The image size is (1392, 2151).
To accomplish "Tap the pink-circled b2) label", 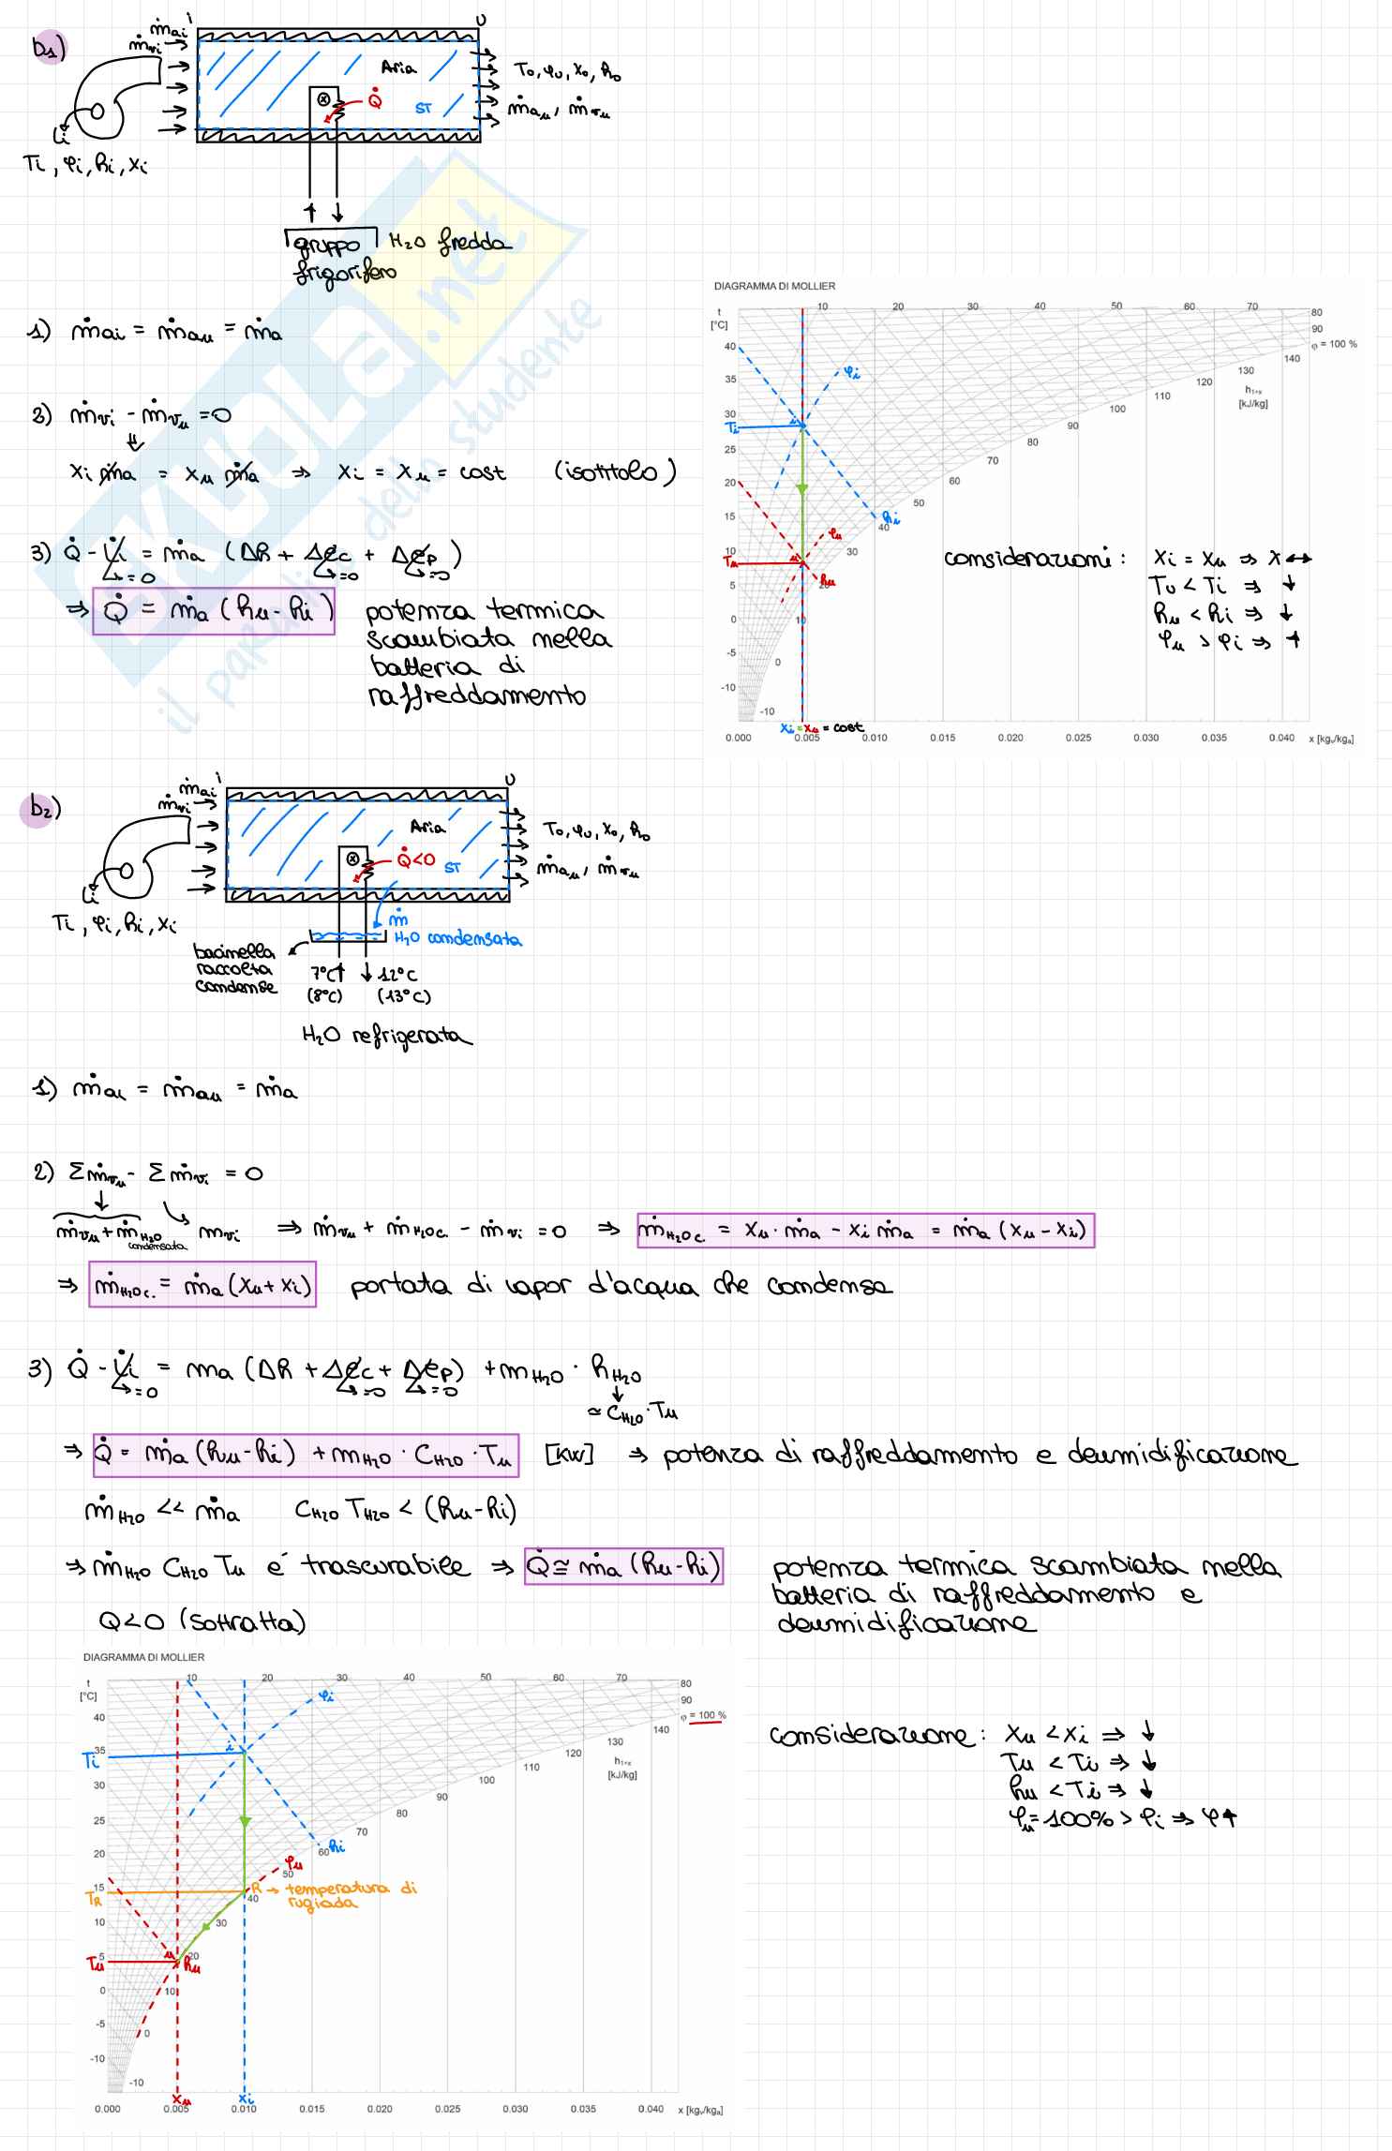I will tap(41, 809).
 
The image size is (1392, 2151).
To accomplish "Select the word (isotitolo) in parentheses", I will tap(614, 471).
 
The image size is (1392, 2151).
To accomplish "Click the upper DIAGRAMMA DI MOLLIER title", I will tap(774, 286).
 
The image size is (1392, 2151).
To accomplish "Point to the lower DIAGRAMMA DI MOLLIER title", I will tap(143, 1657).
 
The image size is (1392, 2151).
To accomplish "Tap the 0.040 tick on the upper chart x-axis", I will tap(1280, 738).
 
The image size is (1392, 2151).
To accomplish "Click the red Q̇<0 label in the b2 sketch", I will tap(416, 859).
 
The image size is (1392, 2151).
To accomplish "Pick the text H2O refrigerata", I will tap(387, 1037).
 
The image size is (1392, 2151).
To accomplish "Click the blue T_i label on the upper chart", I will tap(733, 426).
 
